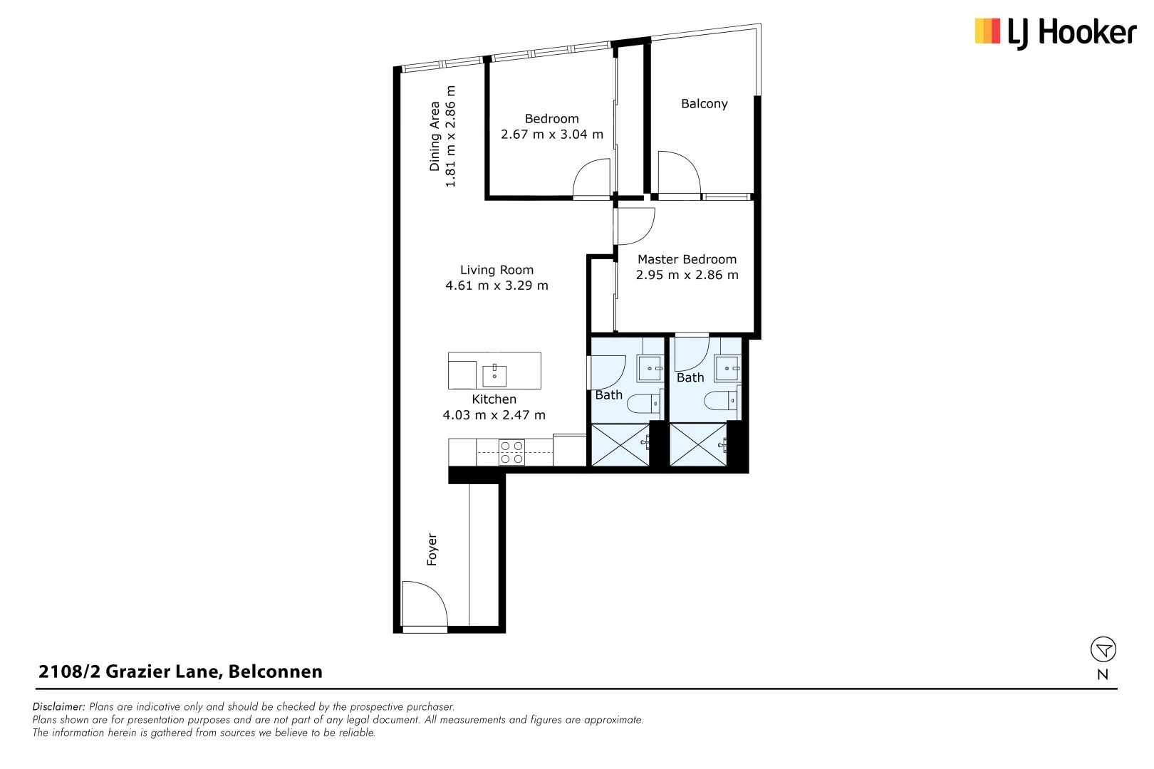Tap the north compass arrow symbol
pyautogui.click(x=1103, y=649)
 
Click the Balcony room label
pyautogui.click(x=704, y=104)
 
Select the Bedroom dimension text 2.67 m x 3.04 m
pyautogui.click(x=551, y=135)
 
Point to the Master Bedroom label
pyautogui.click(x=687, y=260)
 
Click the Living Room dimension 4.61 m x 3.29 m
pyautogui.click(x=497, y=286)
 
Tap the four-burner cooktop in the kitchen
pyautogui.click(x=511, y=453)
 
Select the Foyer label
pyautogui.click(x=432, y=550)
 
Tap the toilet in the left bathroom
pyautogui.click(x=644, y=404)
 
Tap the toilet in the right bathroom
pyautogui.click(x=721, y=401)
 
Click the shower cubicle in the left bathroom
pyautogui.click(x=620, y=445)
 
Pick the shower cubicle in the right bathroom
pyautogui.click(x=697, y=445)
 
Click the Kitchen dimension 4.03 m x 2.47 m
pyautogui.click(x=494, y=415)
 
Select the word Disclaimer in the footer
pyautogui.click(x=58, y=707)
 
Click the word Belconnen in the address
pyautogui.click(x=275, y=671)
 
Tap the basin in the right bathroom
pyautogui.click(x=728, y=369)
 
